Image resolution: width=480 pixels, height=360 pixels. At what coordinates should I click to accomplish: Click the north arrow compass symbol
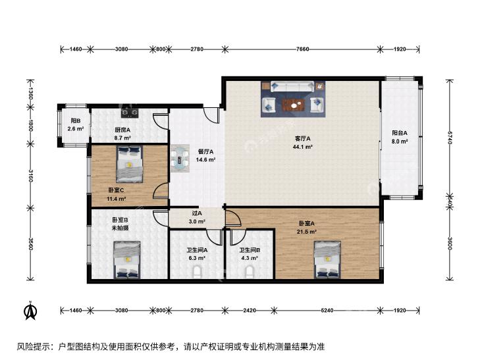click(x=30, y=311)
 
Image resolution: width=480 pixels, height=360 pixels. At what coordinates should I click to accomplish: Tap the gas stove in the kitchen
click(x=130, y=113)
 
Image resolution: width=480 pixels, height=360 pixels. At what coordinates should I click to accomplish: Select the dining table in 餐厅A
click(x=180, y=158)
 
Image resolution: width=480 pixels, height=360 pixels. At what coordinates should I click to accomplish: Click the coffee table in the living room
click(x=294, y=105)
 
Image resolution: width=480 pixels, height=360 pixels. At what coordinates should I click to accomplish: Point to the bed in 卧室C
click(x=130, y=164)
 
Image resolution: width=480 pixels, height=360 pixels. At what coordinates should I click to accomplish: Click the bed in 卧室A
click(x=327, y=260)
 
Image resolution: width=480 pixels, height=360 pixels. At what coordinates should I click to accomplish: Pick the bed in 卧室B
click(x=127, y=260)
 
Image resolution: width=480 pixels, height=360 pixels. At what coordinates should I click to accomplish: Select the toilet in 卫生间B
click(x=250, y=272)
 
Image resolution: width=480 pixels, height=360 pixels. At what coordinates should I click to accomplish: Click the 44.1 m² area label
click(x=302, y=147)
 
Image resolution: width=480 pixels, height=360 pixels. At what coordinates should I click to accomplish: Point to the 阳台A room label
click(x=400, y=133)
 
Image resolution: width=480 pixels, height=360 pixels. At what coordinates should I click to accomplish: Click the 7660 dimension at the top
click(x=302, y=49)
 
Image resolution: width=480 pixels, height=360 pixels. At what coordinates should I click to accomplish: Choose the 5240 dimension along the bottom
click(x=327, y=311)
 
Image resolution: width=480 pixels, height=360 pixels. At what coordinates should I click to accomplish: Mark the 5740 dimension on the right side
click(x=450, y=138)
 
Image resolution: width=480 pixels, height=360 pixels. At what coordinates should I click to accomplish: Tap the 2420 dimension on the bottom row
click(x=250, y=311)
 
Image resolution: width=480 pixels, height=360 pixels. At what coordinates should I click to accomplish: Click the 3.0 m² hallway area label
click(x=197, y=221)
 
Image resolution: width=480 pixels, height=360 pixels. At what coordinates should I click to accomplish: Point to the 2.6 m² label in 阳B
click(x=76, y=129)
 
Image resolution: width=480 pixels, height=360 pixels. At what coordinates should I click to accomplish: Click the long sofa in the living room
click(x=292, y=87)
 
